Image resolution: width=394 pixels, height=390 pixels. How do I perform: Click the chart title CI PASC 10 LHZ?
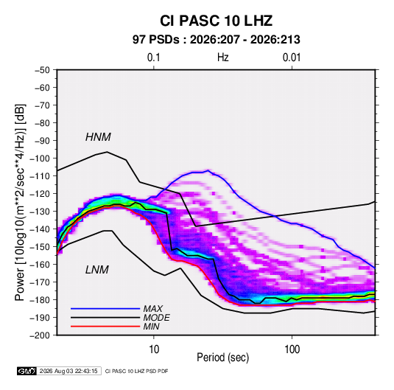coord(216,21)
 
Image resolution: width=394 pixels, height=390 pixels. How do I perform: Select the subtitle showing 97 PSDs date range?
coord(216,40)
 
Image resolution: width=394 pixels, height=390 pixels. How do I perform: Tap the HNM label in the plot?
coord(98,137)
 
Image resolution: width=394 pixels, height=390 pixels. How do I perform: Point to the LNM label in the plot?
coord(97,270)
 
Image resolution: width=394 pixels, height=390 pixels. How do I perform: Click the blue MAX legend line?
coord(105,308)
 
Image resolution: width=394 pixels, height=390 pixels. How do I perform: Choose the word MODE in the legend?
coord(156,318)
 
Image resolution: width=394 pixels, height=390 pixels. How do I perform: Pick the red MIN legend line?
coord(105,327)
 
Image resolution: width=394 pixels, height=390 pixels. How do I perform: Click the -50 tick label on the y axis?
coord(42,70)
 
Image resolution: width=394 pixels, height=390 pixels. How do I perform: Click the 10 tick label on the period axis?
coord(154,349)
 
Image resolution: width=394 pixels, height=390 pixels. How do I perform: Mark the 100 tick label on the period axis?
coord(292,349)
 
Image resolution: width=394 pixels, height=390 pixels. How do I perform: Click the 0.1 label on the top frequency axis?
coord(153,58)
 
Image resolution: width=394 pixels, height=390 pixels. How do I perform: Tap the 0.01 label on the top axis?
coord(292,58)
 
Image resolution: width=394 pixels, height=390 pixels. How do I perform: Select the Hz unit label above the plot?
coord(223,58)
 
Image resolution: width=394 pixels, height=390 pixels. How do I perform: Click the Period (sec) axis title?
coord(222,358)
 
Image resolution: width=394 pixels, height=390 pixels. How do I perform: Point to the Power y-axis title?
coord(20,202)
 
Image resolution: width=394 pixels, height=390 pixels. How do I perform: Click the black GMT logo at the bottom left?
coord(27,371)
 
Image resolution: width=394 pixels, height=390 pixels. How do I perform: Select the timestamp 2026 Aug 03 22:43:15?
coord(68,371)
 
